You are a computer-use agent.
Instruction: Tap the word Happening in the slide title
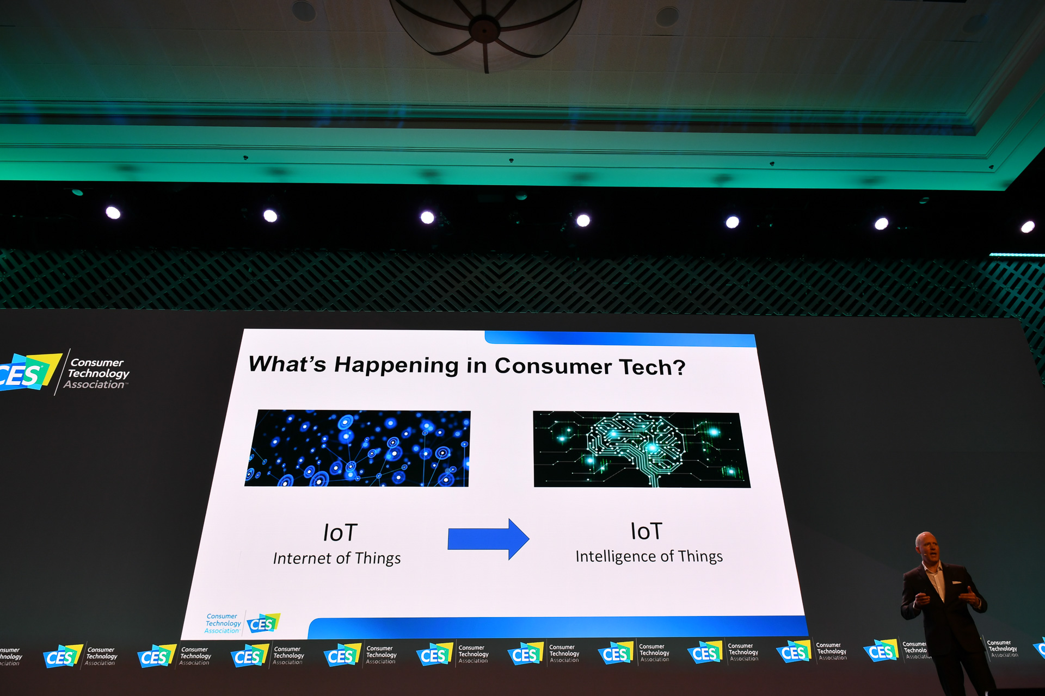(396, 365)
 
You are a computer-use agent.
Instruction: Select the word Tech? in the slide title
(653, 368)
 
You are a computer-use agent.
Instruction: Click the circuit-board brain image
(641, 450)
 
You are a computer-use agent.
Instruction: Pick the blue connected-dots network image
(358, 448)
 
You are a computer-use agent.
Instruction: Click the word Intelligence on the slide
(616, 556)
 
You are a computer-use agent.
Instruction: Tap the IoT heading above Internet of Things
(340, 533)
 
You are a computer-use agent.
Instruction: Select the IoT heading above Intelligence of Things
(646, 531)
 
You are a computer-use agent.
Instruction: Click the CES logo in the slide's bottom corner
(263, 624)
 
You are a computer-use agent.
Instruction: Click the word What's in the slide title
(287, 364)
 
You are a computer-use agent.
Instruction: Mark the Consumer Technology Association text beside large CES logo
(97, 374)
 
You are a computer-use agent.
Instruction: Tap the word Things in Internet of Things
(377, 558)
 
